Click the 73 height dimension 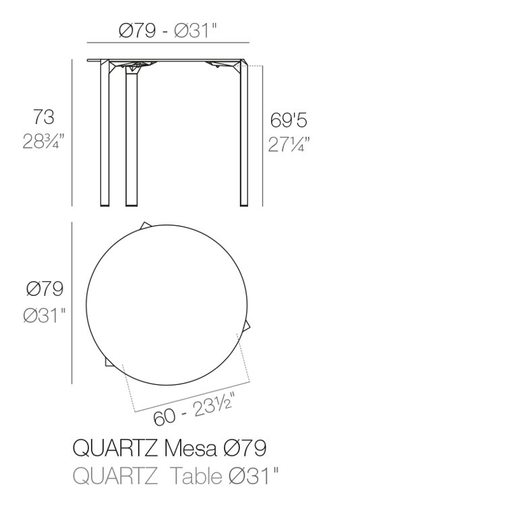coord(44,117)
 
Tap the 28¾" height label coord(44,141)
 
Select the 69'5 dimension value coord(289,120)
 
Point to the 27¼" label coord(289,144)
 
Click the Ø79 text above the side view coord(138,31)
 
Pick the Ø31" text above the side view coord(195,31)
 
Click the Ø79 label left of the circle coord(44,289)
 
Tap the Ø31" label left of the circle coord(44,315)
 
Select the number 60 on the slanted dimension coord(164,417)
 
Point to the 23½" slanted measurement coord(213,405)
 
